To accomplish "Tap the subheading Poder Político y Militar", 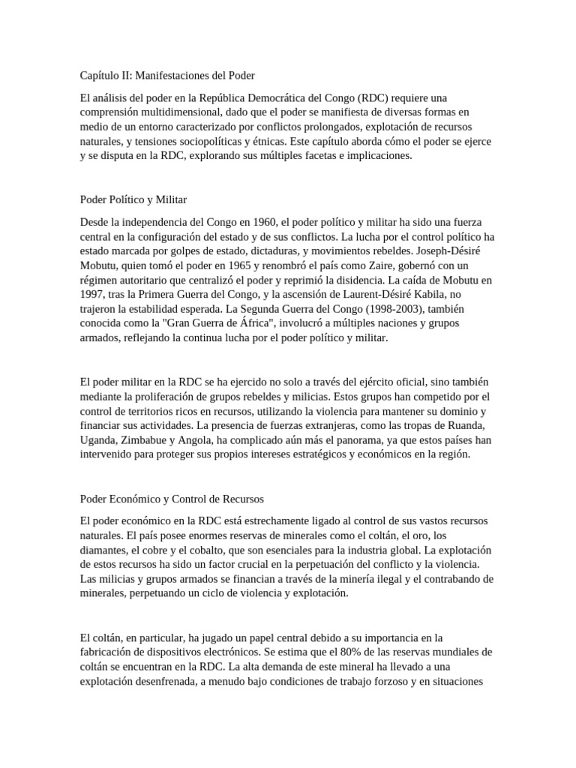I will click(x=133, y=199).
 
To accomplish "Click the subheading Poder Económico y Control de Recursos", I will click(x=172, y=499).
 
